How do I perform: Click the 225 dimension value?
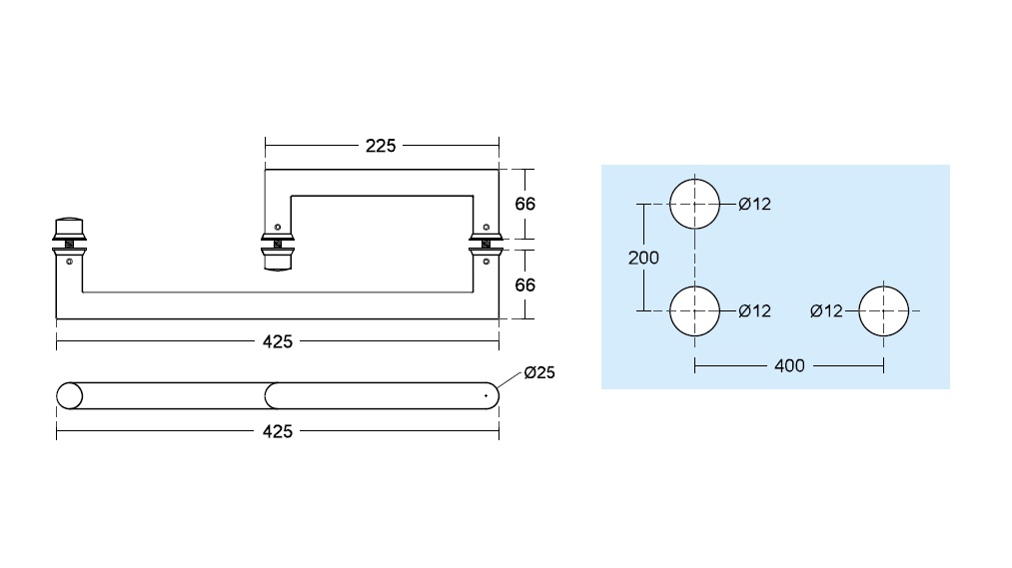coord(381,146)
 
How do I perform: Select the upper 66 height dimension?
coord(524,204)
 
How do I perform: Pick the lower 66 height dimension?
coord(524,284)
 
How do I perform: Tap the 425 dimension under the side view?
coord(278,341)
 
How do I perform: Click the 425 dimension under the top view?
coord(278,431)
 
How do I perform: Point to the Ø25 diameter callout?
coord(539,372)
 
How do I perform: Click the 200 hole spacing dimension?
coord(643,258)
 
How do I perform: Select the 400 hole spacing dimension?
coord(789,366)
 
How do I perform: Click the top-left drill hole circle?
coord(694,180)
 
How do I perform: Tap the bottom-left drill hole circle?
coord(694,286)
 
